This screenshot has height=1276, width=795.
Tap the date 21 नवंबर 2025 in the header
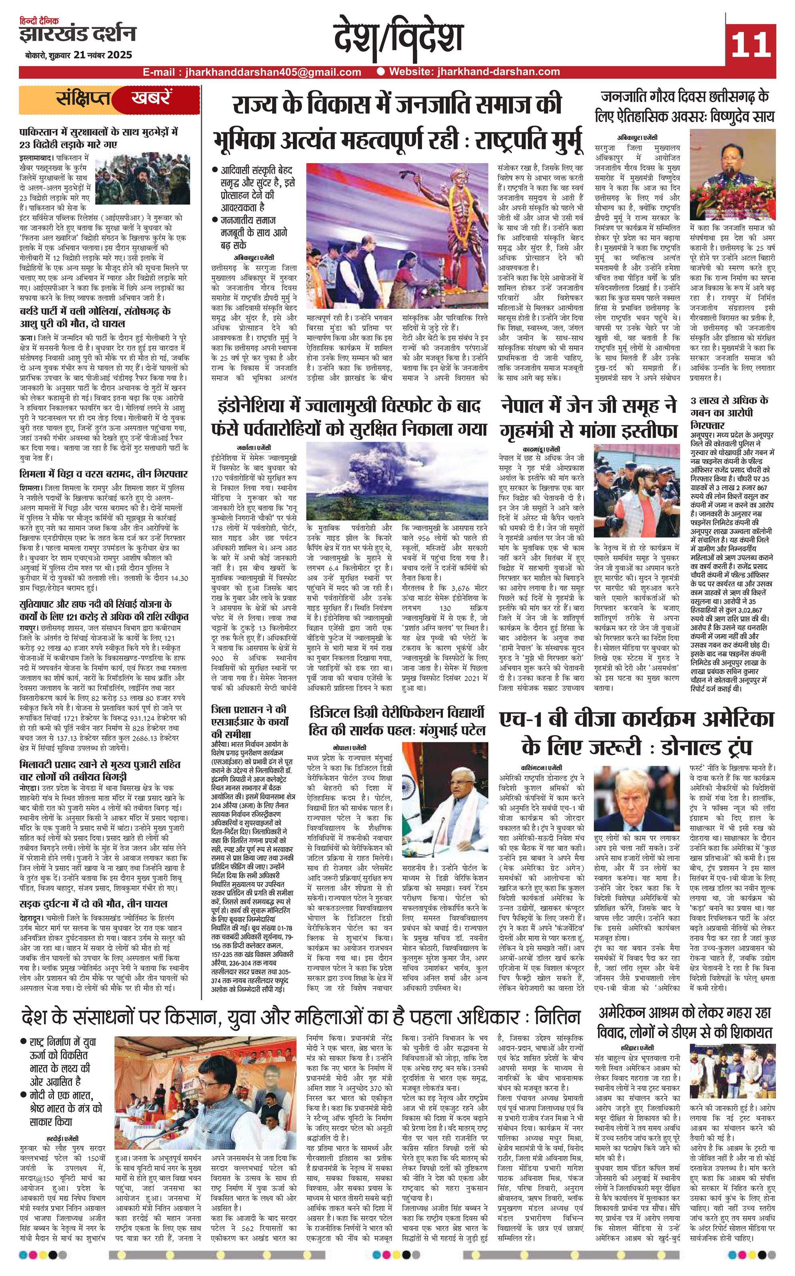(103, 55)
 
